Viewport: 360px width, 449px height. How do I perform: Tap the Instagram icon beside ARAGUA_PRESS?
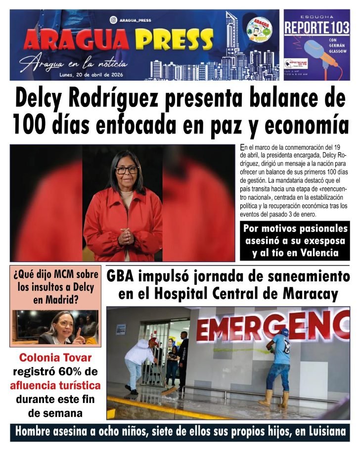pos(113,20)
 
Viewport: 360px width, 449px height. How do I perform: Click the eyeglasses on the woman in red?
pos(127,170)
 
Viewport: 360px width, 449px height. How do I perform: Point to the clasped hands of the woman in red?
pos(126,237)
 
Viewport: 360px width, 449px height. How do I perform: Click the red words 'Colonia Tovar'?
pos(55,358)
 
